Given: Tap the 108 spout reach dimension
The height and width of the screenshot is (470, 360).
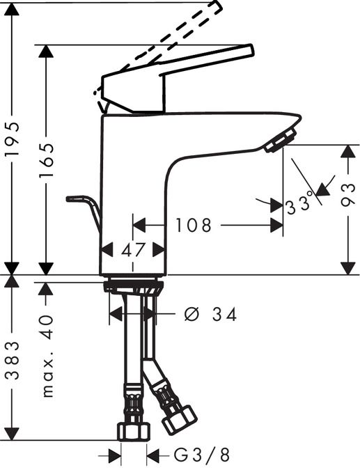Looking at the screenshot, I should (194, 226).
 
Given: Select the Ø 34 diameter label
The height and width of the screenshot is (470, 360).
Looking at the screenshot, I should (210, 315).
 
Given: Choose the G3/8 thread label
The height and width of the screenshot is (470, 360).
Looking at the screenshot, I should (202, 456).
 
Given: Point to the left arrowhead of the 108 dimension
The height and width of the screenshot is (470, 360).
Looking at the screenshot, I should (138, 226).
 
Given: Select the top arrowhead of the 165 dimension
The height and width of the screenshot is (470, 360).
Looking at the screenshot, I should (47, 52).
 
